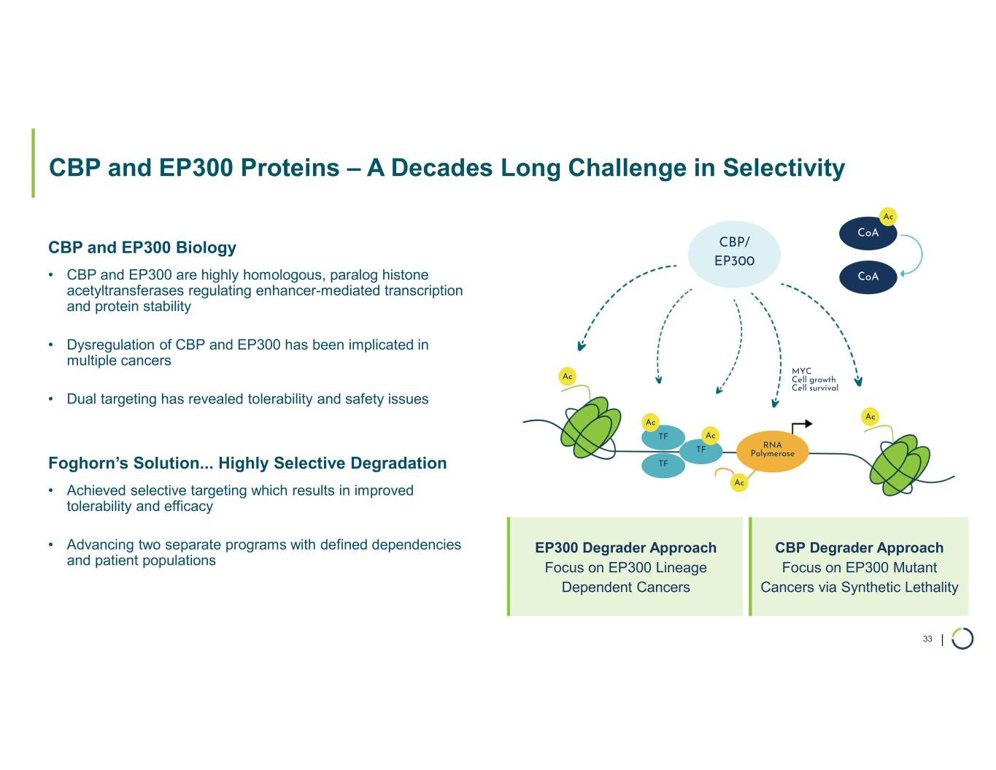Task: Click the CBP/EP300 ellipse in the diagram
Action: tap(734, 252)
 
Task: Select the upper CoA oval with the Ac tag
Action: tap(868, 233)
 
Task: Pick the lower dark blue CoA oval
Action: tap(868, 277)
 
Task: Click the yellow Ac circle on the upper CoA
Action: tap(888, 217)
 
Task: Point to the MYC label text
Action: tap(801, 371)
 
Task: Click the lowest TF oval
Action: tap(663, 464)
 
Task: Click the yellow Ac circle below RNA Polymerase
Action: tap(739, 482)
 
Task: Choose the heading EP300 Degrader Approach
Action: tap(625, 547)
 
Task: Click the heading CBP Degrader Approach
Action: tap(859, 547)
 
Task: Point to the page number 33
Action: tap(927, 639)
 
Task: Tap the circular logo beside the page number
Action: tap(962, 639)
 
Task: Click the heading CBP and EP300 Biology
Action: tap(142, 247)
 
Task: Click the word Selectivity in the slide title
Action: tap(784, 168)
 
